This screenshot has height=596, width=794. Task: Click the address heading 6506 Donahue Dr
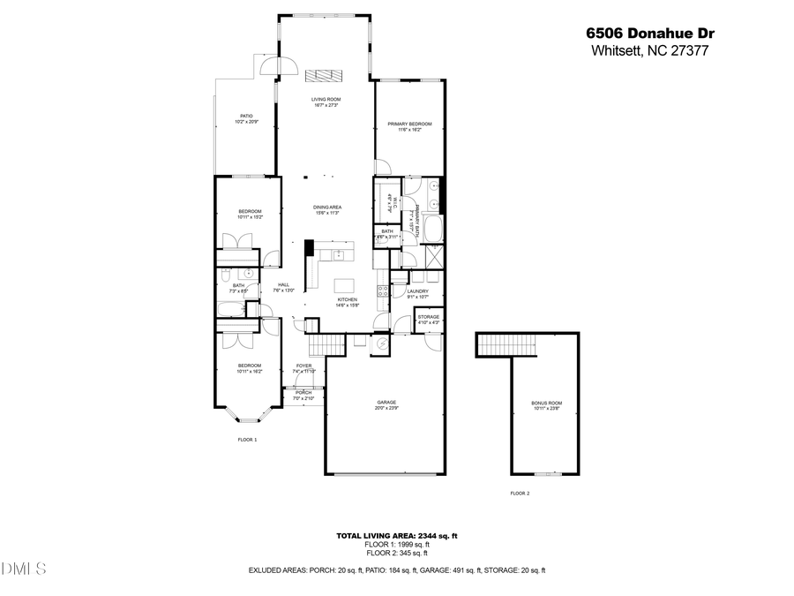[650, 33]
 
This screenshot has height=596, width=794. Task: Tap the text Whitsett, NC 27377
[650, 50]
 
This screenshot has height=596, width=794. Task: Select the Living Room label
[326, 102]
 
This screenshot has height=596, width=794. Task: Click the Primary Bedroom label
[409, 126]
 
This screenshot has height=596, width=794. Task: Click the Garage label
[386, 405]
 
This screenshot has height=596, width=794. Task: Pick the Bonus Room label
[546, 405]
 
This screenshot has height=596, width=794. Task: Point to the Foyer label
[303, 368]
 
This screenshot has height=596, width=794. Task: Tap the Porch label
[303, 395]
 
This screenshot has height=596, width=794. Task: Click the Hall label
[283, 287]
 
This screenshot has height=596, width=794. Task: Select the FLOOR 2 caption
[521, 494]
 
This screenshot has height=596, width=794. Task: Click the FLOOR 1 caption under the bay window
[247, 440]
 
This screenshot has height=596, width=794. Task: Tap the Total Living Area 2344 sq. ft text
[396, 536]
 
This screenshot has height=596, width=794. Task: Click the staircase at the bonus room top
[506, 344]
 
